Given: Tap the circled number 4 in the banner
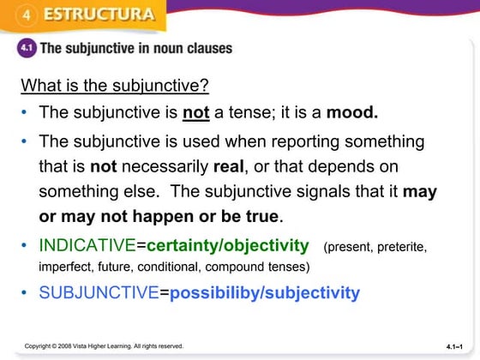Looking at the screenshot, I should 27,15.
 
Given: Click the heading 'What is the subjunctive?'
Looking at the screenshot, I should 115,86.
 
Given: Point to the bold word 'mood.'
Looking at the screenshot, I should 352,112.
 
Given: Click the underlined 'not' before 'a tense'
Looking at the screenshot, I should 197,112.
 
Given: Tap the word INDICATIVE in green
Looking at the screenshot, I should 87,246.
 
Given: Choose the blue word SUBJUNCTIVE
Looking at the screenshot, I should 99,293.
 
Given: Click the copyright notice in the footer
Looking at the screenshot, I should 104,346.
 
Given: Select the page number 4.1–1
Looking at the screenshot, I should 458,346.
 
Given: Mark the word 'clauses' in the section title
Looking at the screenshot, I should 207,49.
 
